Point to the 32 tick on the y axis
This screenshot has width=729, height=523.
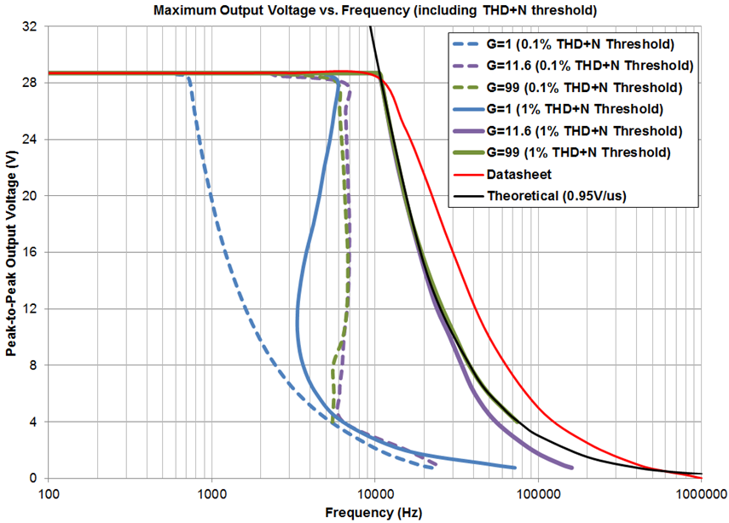[x=29, y=26]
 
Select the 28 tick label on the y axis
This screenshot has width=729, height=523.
[x=29, y=83]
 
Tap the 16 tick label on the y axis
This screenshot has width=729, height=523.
[x=29, y=252]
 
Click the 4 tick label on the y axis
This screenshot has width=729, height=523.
[x=32, y=422]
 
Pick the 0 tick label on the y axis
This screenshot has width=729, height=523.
[x=32, y=478]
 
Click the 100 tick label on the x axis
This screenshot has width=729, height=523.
[x=49, y=493]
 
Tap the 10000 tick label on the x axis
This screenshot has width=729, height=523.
[x=374, y=493]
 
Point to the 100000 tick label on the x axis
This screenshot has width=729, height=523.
[x=537, y=493]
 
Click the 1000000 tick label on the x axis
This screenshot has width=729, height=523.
[x=700, y=493]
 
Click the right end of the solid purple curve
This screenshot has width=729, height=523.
[x=571, y=468]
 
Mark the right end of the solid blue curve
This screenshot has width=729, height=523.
[x=515, y=467]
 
